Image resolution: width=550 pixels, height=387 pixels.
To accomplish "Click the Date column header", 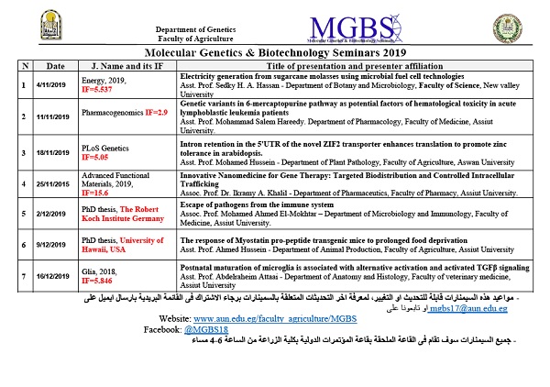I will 55,67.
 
